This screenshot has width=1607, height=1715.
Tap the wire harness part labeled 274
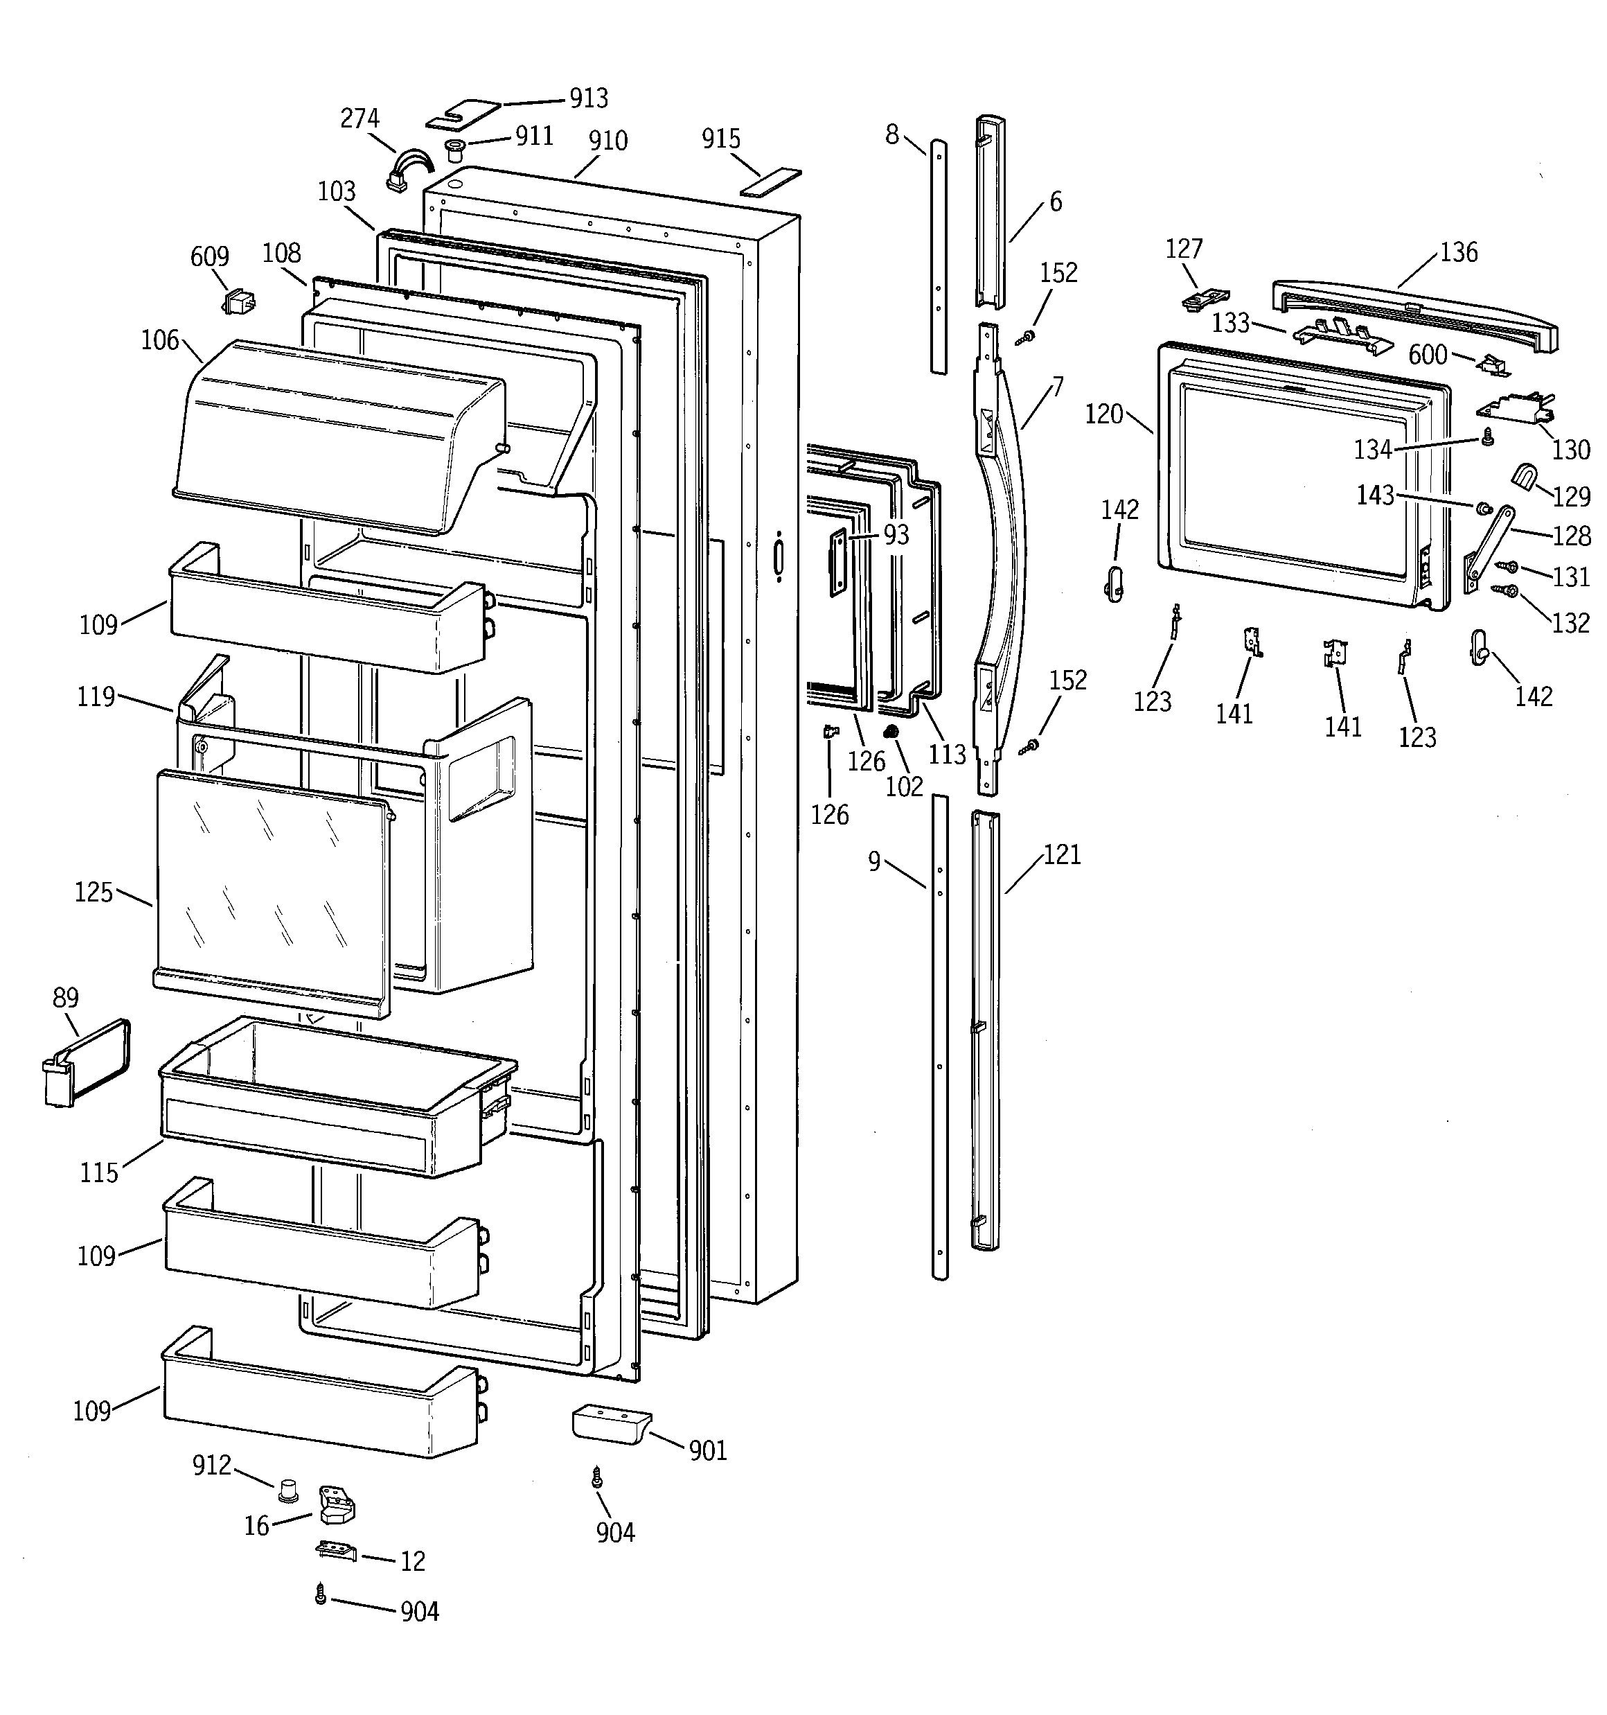click(407, 169)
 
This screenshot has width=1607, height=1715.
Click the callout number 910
click(607, 141)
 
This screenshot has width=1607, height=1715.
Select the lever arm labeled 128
click(1490, 545)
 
